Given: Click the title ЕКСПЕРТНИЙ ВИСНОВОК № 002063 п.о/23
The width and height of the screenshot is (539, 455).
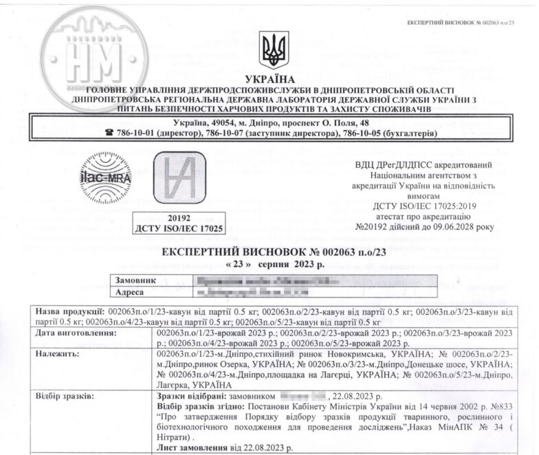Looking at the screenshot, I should tap(274, 252).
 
